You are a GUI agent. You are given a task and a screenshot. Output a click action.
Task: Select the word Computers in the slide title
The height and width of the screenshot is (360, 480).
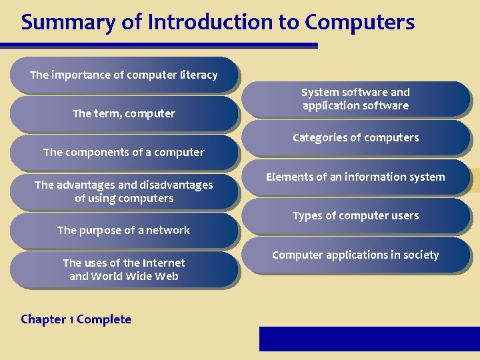[359, 22]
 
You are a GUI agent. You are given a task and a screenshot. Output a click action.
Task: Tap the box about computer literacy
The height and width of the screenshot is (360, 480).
[124, 75]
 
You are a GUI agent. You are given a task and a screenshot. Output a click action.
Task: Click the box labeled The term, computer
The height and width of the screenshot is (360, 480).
[124, 114]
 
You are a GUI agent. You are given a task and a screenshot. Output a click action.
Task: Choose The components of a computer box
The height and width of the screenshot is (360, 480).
[124, 152]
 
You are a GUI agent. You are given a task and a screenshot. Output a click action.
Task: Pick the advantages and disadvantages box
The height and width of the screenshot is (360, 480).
[124, 191]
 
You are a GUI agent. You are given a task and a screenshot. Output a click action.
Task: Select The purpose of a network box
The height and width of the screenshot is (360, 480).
[124, 230]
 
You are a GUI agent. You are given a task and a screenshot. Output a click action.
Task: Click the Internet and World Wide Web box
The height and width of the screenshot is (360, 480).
[124, 269]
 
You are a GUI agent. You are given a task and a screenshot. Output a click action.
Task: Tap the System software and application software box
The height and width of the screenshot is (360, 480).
[355, 99]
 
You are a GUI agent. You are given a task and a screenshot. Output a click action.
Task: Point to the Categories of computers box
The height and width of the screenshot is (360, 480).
[355, 138]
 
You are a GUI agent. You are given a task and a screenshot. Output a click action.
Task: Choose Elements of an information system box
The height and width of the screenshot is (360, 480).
[355, 177]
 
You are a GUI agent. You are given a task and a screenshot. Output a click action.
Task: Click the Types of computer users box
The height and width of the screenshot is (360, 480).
[355, 216]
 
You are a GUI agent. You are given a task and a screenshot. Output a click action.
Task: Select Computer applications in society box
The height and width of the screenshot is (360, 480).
[355, 255]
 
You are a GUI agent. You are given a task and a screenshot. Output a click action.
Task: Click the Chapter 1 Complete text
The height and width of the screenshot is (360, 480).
[76, 319]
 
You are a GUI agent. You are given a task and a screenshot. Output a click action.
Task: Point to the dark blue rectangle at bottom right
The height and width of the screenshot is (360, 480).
[369, 339]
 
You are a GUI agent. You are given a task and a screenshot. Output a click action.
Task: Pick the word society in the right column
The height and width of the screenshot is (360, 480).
[419, 255]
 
